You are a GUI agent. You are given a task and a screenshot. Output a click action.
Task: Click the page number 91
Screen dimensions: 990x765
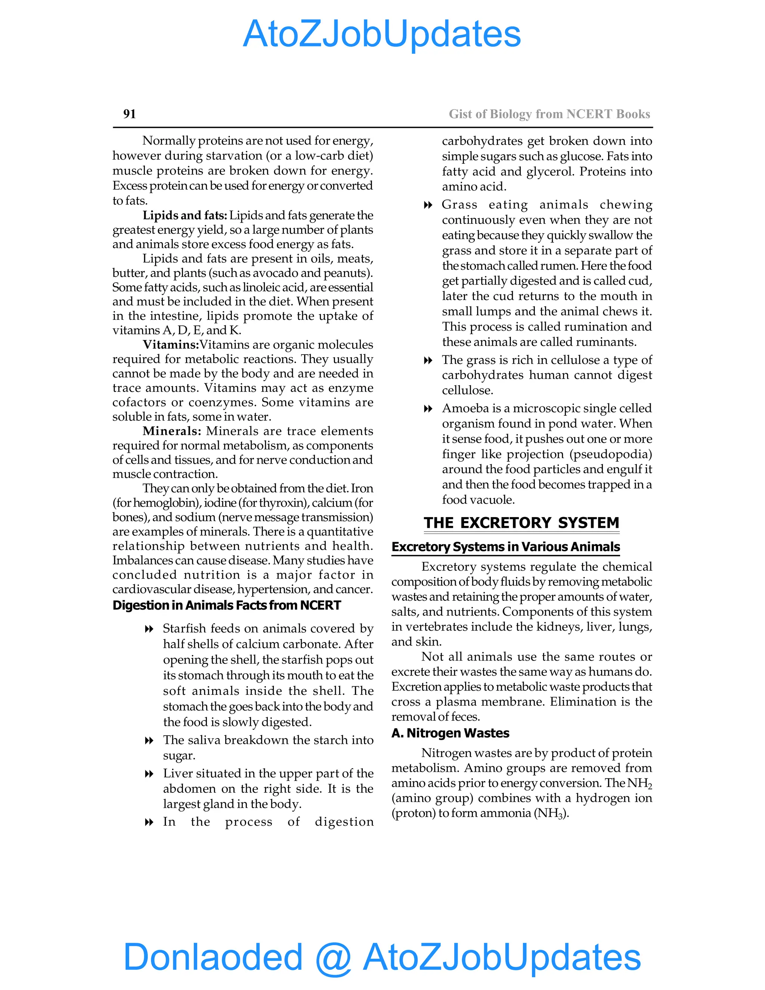coord(129,114)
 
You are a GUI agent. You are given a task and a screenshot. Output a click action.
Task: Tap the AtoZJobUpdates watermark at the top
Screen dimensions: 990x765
coord(382,34)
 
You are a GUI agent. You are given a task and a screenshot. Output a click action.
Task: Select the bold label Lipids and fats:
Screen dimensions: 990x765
coord(185,215)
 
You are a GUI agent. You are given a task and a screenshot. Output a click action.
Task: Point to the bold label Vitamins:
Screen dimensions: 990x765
coord(171,344)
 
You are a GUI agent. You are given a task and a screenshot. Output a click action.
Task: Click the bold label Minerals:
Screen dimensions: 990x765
coord(172,431)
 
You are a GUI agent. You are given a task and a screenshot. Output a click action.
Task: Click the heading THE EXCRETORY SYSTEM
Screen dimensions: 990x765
coord(521,523)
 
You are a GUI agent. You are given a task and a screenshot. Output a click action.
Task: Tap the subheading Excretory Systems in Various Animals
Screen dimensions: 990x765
coord(505,547)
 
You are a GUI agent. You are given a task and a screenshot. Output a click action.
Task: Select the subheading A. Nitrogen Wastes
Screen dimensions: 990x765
coord(450,733)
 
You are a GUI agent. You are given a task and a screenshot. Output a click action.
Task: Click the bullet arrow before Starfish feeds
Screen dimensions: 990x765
coord(149,629)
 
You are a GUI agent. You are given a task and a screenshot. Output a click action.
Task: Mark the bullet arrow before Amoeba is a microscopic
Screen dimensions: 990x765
coord(428,409)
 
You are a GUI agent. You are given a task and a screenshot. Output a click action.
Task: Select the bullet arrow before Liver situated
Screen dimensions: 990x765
coord(149,774)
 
